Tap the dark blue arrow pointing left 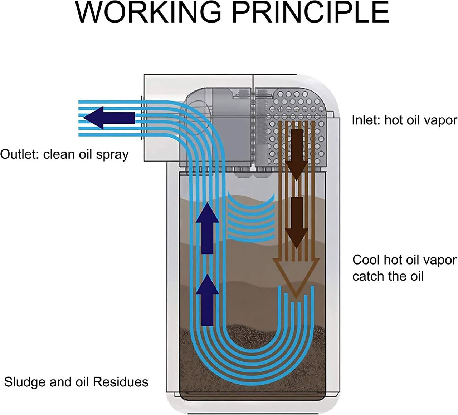(111, 118)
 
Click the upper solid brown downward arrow (297, 154)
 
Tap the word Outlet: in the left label (20, 154)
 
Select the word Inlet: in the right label (366, 120)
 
